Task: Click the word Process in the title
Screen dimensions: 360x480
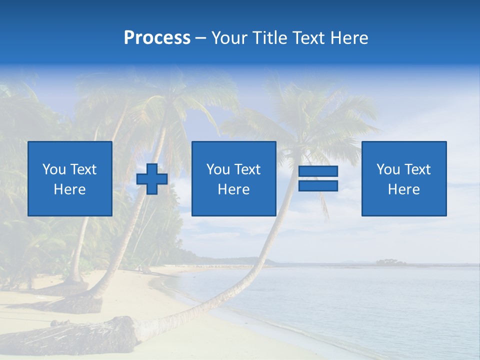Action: (157, 38)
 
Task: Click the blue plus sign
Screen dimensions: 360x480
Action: (152, 179)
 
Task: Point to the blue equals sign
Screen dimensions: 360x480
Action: (318, 179)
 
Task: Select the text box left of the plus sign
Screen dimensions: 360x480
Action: (70, 179)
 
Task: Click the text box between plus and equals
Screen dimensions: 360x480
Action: (233, 179)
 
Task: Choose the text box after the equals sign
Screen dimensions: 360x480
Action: (404, 179)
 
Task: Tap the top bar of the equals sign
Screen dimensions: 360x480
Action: (318, 171)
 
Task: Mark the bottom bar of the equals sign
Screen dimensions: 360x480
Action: (318, 186)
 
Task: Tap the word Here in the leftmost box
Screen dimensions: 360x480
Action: (70, 189)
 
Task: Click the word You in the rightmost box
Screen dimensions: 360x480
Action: (388, 169)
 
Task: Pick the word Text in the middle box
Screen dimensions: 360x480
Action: (247, 169)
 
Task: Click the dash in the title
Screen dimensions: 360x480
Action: (201, 38)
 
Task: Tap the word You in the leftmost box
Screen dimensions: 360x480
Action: (53, 169)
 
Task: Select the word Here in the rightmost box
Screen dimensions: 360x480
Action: (404, 189)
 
